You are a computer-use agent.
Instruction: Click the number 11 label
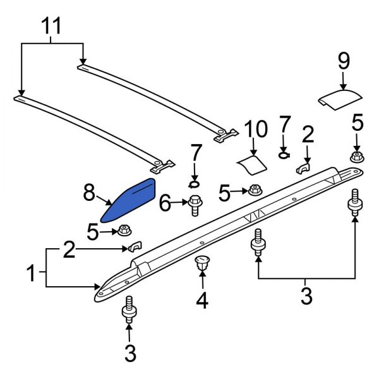coord(52,27)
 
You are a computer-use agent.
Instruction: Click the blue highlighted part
coord(131,198)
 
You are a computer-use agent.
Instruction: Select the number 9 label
coord(343,61)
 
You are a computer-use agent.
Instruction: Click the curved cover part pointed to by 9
coord(340,99)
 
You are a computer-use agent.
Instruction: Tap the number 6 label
coord(165,202)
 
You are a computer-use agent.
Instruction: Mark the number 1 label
coord(31,274)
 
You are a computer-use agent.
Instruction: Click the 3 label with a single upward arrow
coord(129,354)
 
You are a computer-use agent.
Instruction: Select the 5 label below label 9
coord(358,121)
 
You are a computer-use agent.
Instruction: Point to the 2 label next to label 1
coord(70,252)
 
